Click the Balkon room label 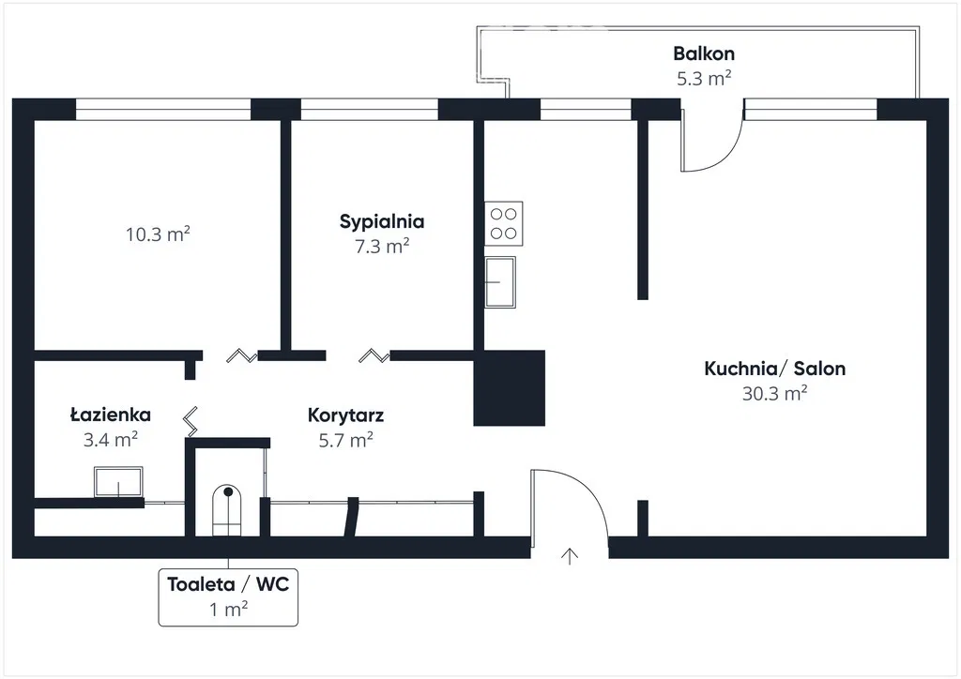pos(703,53)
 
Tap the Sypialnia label pos(381,222)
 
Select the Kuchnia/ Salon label pos(774,369)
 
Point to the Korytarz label pos(345,415)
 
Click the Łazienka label pos(111,415)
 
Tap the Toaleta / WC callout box pos(228,596)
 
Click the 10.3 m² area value pos(158,234)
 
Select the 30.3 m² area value pos(774,394)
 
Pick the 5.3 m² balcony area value pos(703,79)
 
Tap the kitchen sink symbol pos(500,281)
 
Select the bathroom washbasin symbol pos(118,482)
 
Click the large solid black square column pos(510,387)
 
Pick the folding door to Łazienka pos(191,422)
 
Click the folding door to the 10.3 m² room pos(241,355)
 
